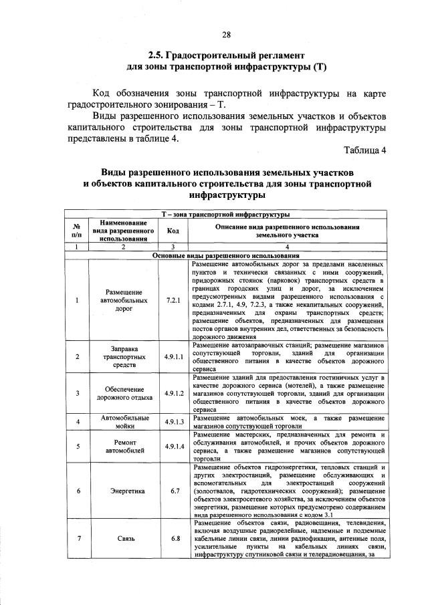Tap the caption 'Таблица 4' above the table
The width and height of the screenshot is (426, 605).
(x=366, y=148)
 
